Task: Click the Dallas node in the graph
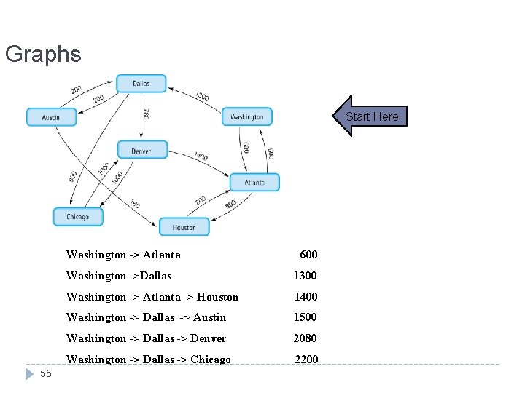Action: coord(141,84)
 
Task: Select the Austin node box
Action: coord(51,116)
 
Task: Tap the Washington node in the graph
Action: coord(247,116)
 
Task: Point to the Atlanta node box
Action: coord(254,182)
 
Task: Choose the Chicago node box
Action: coord(77,216)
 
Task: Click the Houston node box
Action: coord(184,227)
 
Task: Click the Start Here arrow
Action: coord(370,116)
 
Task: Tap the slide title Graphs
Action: coord(43,54)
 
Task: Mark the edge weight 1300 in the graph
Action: coord(202,96)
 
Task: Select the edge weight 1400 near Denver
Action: coord(201,156)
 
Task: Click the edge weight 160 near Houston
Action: coord(135,205)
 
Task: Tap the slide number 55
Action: coord(46,373)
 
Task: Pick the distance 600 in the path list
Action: coord(308,255)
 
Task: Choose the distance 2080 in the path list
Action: coord(306,338)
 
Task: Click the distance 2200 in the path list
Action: coord(306,360)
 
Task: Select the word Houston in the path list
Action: coord(217,297)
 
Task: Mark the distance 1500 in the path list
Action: coord(306,317)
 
